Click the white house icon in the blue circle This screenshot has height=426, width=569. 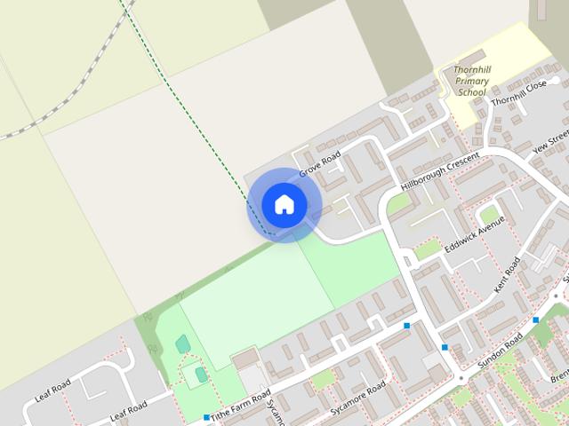tap(284, 204)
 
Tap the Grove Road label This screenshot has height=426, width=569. tap(320, 163)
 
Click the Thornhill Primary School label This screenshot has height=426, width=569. tap(470, 80)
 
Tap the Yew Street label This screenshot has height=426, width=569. tap(550, 142)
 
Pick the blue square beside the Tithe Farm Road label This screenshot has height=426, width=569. tap(206, 417)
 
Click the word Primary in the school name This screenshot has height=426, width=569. tap(471, 80)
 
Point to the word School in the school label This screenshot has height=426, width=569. tap(471, 91)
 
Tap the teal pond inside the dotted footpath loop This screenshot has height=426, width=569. tap(183, 343)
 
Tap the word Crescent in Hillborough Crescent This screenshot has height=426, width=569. tap(462, 161)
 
